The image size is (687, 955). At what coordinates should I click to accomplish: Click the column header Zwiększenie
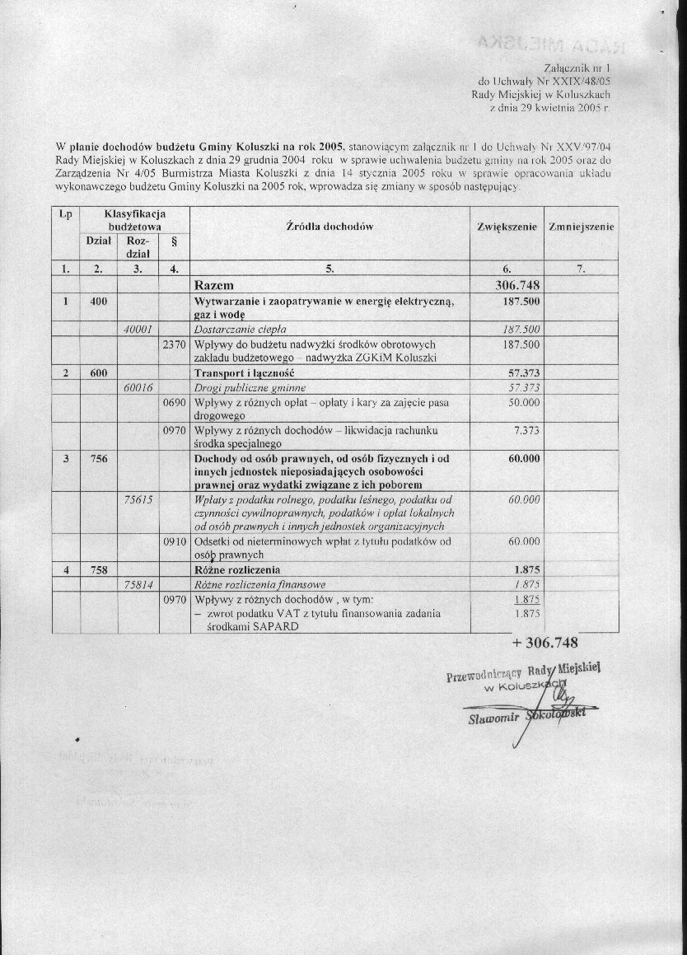pos(506,226)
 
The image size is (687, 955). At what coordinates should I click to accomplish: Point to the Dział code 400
pos(99,302)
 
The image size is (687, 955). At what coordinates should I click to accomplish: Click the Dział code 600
pos(99,372)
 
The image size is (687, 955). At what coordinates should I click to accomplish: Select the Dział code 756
pos(99,459)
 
